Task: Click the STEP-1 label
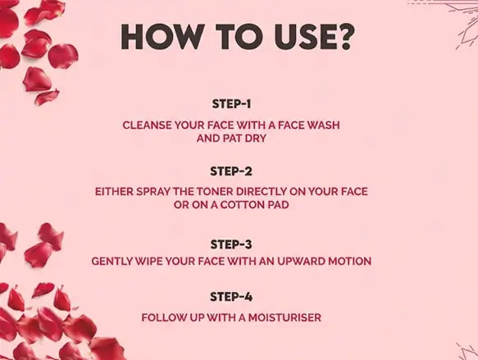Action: click(x=231, y=104)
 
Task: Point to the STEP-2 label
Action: click(x=231, y=171)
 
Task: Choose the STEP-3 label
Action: click(x=231, y=244)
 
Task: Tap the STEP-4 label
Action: click(x=231, y=297)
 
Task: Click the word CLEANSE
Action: click(x=147, y=125)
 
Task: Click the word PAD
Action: click(x=278, y=205)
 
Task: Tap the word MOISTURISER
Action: click(x=285, y=317)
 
